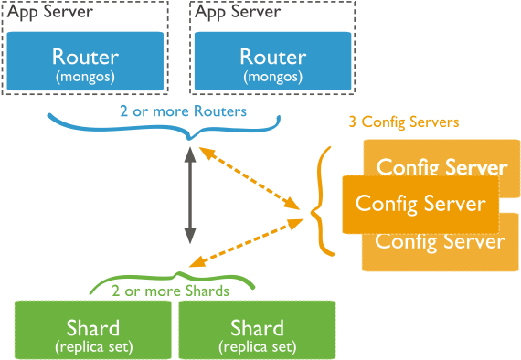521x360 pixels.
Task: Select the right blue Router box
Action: [x=271, y=62]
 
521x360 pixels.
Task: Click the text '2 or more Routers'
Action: [x=183, y=111]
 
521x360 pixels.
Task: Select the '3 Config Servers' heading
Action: [x=403, y=122]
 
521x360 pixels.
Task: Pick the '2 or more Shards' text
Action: [x=170, y=291]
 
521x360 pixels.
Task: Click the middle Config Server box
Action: [x=420, y=204]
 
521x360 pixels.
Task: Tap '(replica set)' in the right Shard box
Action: [x=257, y=347]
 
